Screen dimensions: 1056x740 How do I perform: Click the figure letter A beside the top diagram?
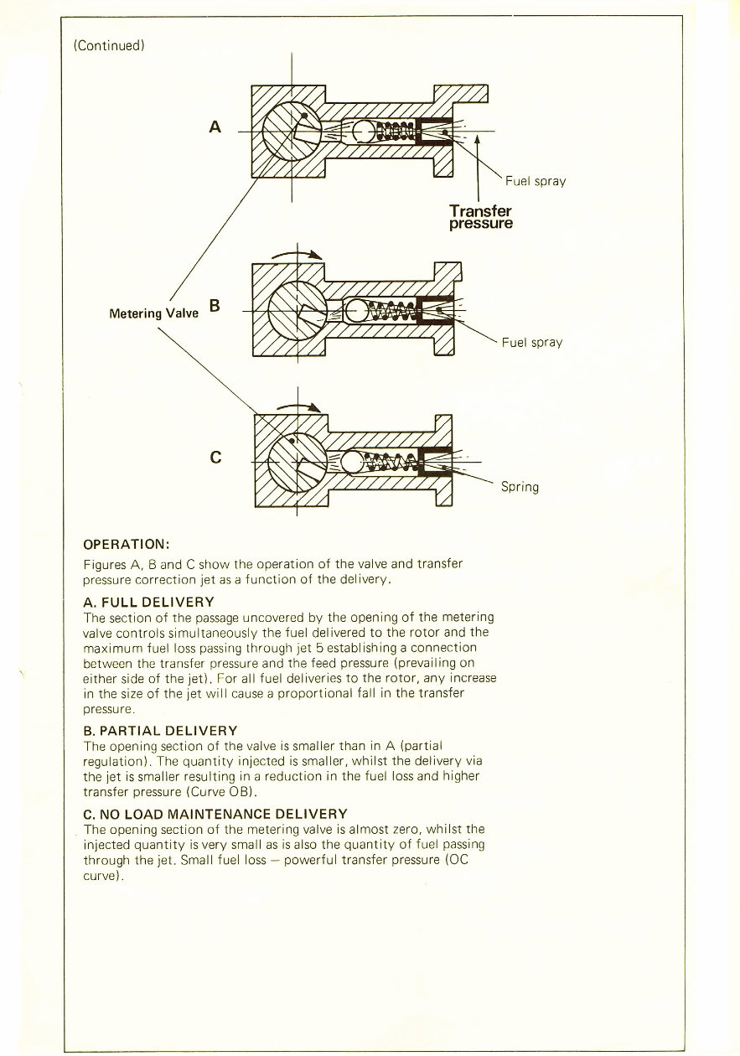(x=215, y=127)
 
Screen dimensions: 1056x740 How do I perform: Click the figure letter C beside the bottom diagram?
(x=216, y=458)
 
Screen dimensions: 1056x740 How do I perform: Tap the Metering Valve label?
(x=154, y=313)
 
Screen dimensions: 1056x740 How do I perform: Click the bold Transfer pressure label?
(x=480, y=217)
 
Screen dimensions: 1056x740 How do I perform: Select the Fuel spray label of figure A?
(x=536, y=182)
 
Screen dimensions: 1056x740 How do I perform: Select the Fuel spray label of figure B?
(x=532, y=342)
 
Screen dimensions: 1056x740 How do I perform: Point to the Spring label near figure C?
(x=520, y=487)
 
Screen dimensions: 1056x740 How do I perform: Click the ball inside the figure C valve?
(x=354, y=461)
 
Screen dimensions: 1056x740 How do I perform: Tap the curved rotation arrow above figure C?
(x=300, y=406)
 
